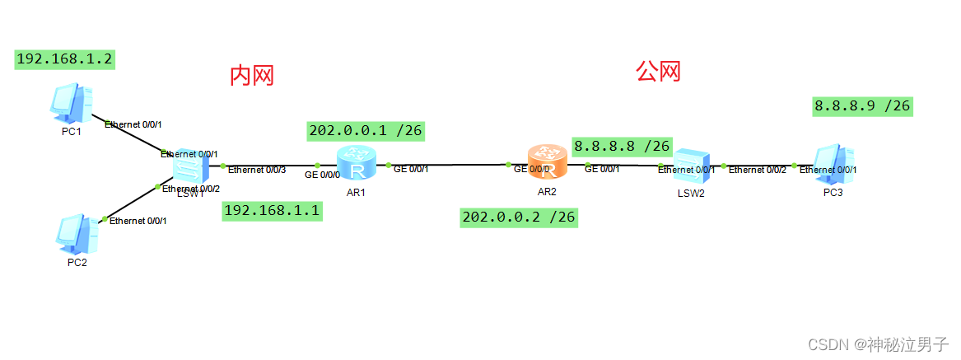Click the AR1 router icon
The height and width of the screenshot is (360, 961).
[x=357, y=163]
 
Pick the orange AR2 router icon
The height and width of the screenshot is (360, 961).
[x=547, y=162]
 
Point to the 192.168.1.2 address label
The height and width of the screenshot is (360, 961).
[x=64, y=59]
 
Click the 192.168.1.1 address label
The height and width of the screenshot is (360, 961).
[x=273, y=211]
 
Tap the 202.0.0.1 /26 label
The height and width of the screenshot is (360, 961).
[x=366, y=130]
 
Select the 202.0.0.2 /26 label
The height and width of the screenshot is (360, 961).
[x=519, y=217]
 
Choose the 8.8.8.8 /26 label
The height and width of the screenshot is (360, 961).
[x=623, y=146]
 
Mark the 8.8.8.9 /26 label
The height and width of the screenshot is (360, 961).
[x=862, y=105]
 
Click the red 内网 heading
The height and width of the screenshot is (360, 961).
[x=251, y=77]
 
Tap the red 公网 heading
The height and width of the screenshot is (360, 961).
[x=658, y=72]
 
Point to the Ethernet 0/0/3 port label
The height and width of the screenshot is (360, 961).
[x=257, y=171]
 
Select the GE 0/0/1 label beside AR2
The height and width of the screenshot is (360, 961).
[x=602, y=169]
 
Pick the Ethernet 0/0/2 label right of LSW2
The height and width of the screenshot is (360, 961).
[x=757, y=170]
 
